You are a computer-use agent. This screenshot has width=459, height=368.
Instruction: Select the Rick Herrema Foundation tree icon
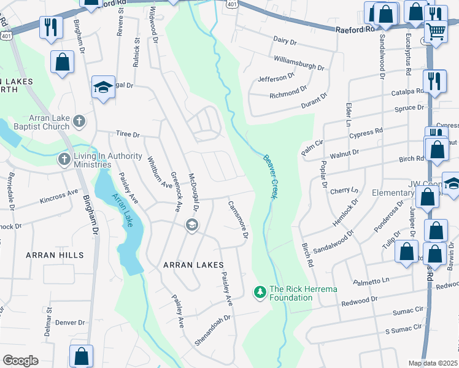click(x=260, y=292)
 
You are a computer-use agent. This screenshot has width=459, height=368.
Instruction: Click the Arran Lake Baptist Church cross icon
click(x=79, y=122)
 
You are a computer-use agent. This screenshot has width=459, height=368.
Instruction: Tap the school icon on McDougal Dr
click(x=192, y=226)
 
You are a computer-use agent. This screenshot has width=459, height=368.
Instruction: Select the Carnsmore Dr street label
click(x=238, y=219)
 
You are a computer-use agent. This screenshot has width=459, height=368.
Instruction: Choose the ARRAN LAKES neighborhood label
click(x=187, y=265)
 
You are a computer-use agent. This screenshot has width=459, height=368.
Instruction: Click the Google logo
click(x=20, y=361)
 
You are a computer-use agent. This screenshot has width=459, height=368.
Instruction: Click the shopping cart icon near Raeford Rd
click(x=436, y=30)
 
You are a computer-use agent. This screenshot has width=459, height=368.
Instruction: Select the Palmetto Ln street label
click(x=372, y=281)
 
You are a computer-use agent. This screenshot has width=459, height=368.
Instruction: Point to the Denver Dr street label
click(x=69, y=322)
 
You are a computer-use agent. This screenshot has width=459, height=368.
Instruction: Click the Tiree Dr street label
click(x=128, y=134)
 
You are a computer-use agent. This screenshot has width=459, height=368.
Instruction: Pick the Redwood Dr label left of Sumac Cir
click(x=359, y=300)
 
